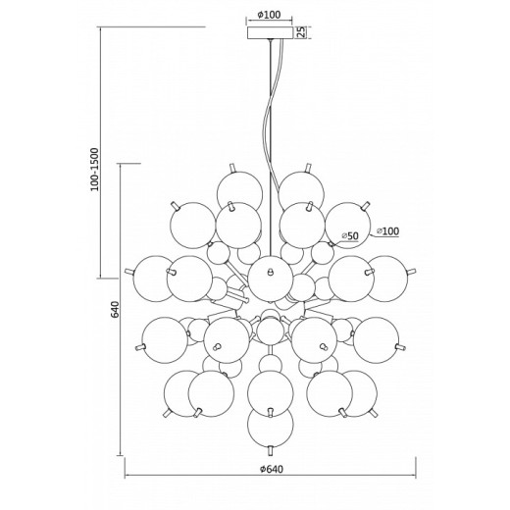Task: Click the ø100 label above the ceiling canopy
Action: (269, 15)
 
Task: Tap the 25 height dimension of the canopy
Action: (302, 32)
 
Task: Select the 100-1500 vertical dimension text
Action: (94, 170)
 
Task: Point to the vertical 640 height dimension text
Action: (115, 309)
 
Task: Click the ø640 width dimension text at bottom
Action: (272, 469)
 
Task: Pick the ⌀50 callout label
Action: (350, 235)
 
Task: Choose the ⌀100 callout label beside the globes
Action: (387, 231)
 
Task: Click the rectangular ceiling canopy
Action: (270, 32)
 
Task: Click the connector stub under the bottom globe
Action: (270, 450)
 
